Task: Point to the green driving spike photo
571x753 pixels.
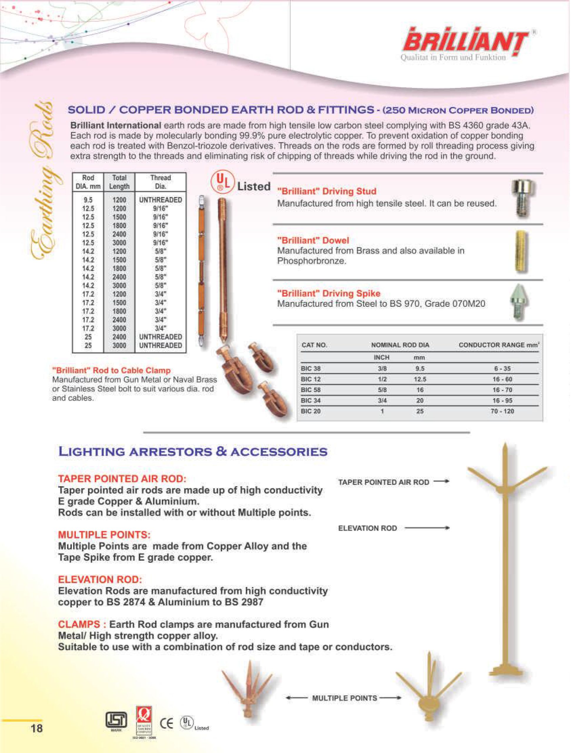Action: pos(518,301)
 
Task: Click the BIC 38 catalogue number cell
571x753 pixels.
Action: pos(311,368)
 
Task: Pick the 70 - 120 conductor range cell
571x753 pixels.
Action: pos(502,411)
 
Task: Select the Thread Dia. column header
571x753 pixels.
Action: pos(160,182)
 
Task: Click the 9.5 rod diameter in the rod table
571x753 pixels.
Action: pos(88,200)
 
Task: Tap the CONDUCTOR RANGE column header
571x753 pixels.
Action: pos(498,345)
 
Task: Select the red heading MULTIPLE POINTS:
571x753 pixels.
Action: pos(104,534)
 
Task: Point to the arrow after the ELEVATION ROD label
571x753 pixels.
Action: pos(427,528)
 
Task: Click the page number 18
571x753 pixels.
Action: pos(36,729)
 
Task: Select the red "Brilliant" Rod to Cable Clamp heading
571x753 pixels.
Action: pos(111,370)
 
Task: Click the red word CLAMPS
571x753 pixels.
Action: pos(79,624)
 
